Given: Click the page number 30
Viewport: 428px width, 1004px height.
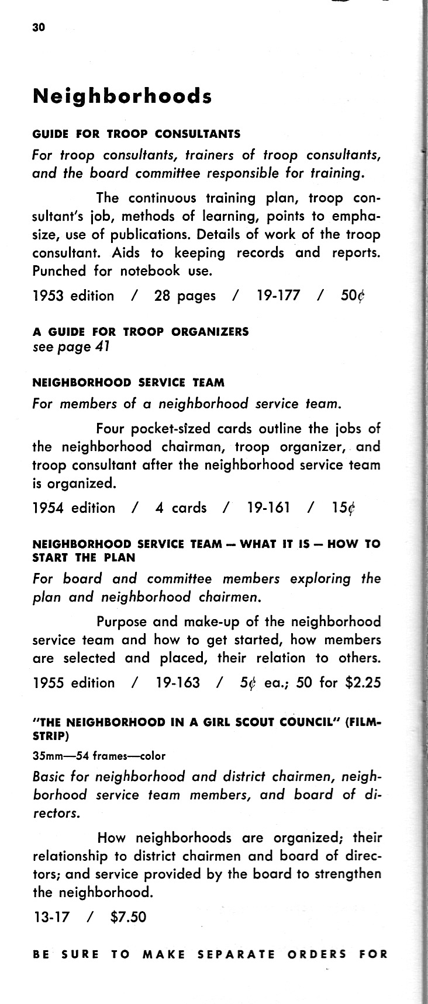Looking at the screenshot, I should point(39,27).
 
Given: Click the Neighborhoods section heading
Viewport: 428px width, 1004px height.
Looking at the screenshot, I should point(122,96).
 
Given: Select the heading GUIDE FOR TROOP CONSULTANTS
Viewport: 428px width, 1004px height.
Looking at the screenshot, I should point(136,134).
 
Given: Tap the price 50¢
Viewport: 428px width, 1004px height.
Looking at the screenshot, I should point(353,296).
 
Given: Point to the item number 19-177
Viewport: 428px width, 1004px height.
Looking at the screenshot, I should point(278,296).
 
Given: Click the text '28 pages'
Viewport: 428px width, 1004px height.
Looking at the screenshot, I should point(185,296).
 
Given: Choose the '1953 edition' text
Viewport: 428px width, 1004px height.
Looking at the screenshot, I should point(73,296).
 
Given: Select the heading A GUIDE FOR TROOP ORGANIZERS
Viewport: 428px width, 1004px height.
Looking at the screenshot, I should point(140,332).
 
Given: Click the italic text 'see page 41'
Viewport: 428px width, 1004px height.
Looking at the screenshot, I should point(71,347).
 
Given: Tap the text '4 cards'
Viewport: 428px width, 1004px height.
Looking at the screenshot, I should point(181,508).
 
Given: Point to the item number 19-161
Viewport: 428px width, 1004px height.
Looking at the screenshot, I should point(269,508).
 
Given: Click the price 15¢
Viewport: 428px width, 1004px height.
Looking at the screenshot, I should point(343,508).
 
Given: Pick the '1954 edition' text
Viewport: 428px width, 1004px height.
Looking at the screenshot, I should point(74,508).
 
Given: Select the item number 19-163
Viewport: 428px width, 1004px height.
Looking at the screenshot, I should point(178,682).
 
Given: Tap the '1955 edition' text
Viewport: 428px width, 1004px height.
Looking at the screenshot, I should point(74,682).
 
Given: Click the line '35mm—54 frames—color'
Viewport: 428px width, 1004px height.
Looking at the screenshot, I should point(99,756).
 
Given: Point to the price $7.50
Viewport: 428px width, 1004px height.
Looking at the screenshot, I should point(128,916).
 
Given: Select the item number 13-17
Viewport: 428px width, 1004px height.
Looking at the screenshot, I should point(51,916).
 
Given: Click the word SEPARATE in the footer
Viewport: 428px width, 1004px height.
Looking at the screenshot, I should point(236,955).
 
